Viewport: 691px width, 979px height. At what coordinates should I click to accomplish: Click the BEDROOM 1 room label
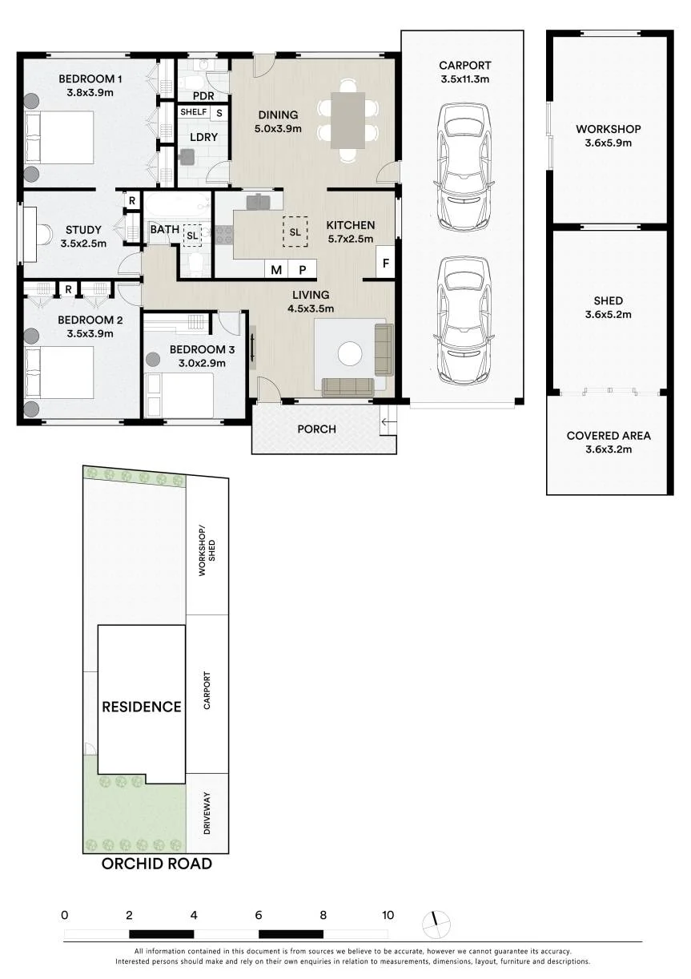tap(90, 79)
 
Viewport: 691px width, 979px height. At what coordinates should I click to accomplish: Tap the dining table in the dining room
tap(348, 120)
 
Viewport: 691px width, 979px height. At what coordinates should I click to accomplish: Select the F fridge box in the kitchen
tap(385, 262)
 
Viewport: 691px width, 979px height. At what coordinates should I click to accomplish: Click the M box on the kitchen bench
tap(276, 269)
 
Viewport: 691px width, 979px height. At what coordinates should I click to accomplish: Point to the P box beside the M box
tap(302, 269)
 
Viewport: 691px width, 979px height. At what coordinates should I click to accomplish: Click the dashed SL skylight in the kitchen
tap(295, 232)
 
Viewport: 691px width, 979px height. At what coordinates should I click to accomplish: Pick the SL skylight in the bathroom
tap(192, 235)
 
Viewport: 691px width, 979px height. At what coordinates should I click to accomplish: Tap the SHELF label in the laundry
tap(194, 112)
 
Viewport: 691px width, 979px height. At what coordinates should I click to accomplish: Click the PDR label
tap(203, 95)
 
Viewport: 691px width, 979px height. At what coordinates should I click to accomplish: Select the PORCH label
tap(316, 429)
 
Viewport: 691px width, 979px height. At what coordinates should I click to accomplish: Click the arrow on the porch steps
tap(389, 422)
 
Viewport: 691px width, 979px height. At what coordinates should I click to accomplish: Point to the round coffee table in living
tap(350, 353)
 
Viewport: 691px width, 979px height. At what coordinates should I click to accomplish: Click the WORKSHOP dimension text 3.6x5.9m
tap(608, 143)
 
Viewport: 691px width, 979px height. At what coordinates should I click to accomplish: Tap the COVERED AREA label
tap(609, 436)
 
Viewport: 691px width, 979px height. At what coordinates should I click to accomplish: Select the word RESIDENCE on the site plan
tap(142, 707)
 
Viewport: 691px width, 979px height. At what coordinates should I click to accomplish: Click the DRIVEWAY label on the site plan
tap(207, 813)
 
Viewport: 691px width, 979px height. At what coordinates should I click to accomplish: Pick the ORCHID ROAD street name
tap(157, 864)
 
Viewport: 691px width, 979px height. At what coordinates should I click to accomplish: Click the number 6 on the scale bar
tap(259, 915)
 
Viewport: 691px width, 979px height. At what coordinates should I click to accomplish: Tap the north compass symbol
tap(436, 925)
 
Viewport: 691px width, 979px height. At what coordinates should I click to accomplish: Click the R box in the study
tap(132, 200)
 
